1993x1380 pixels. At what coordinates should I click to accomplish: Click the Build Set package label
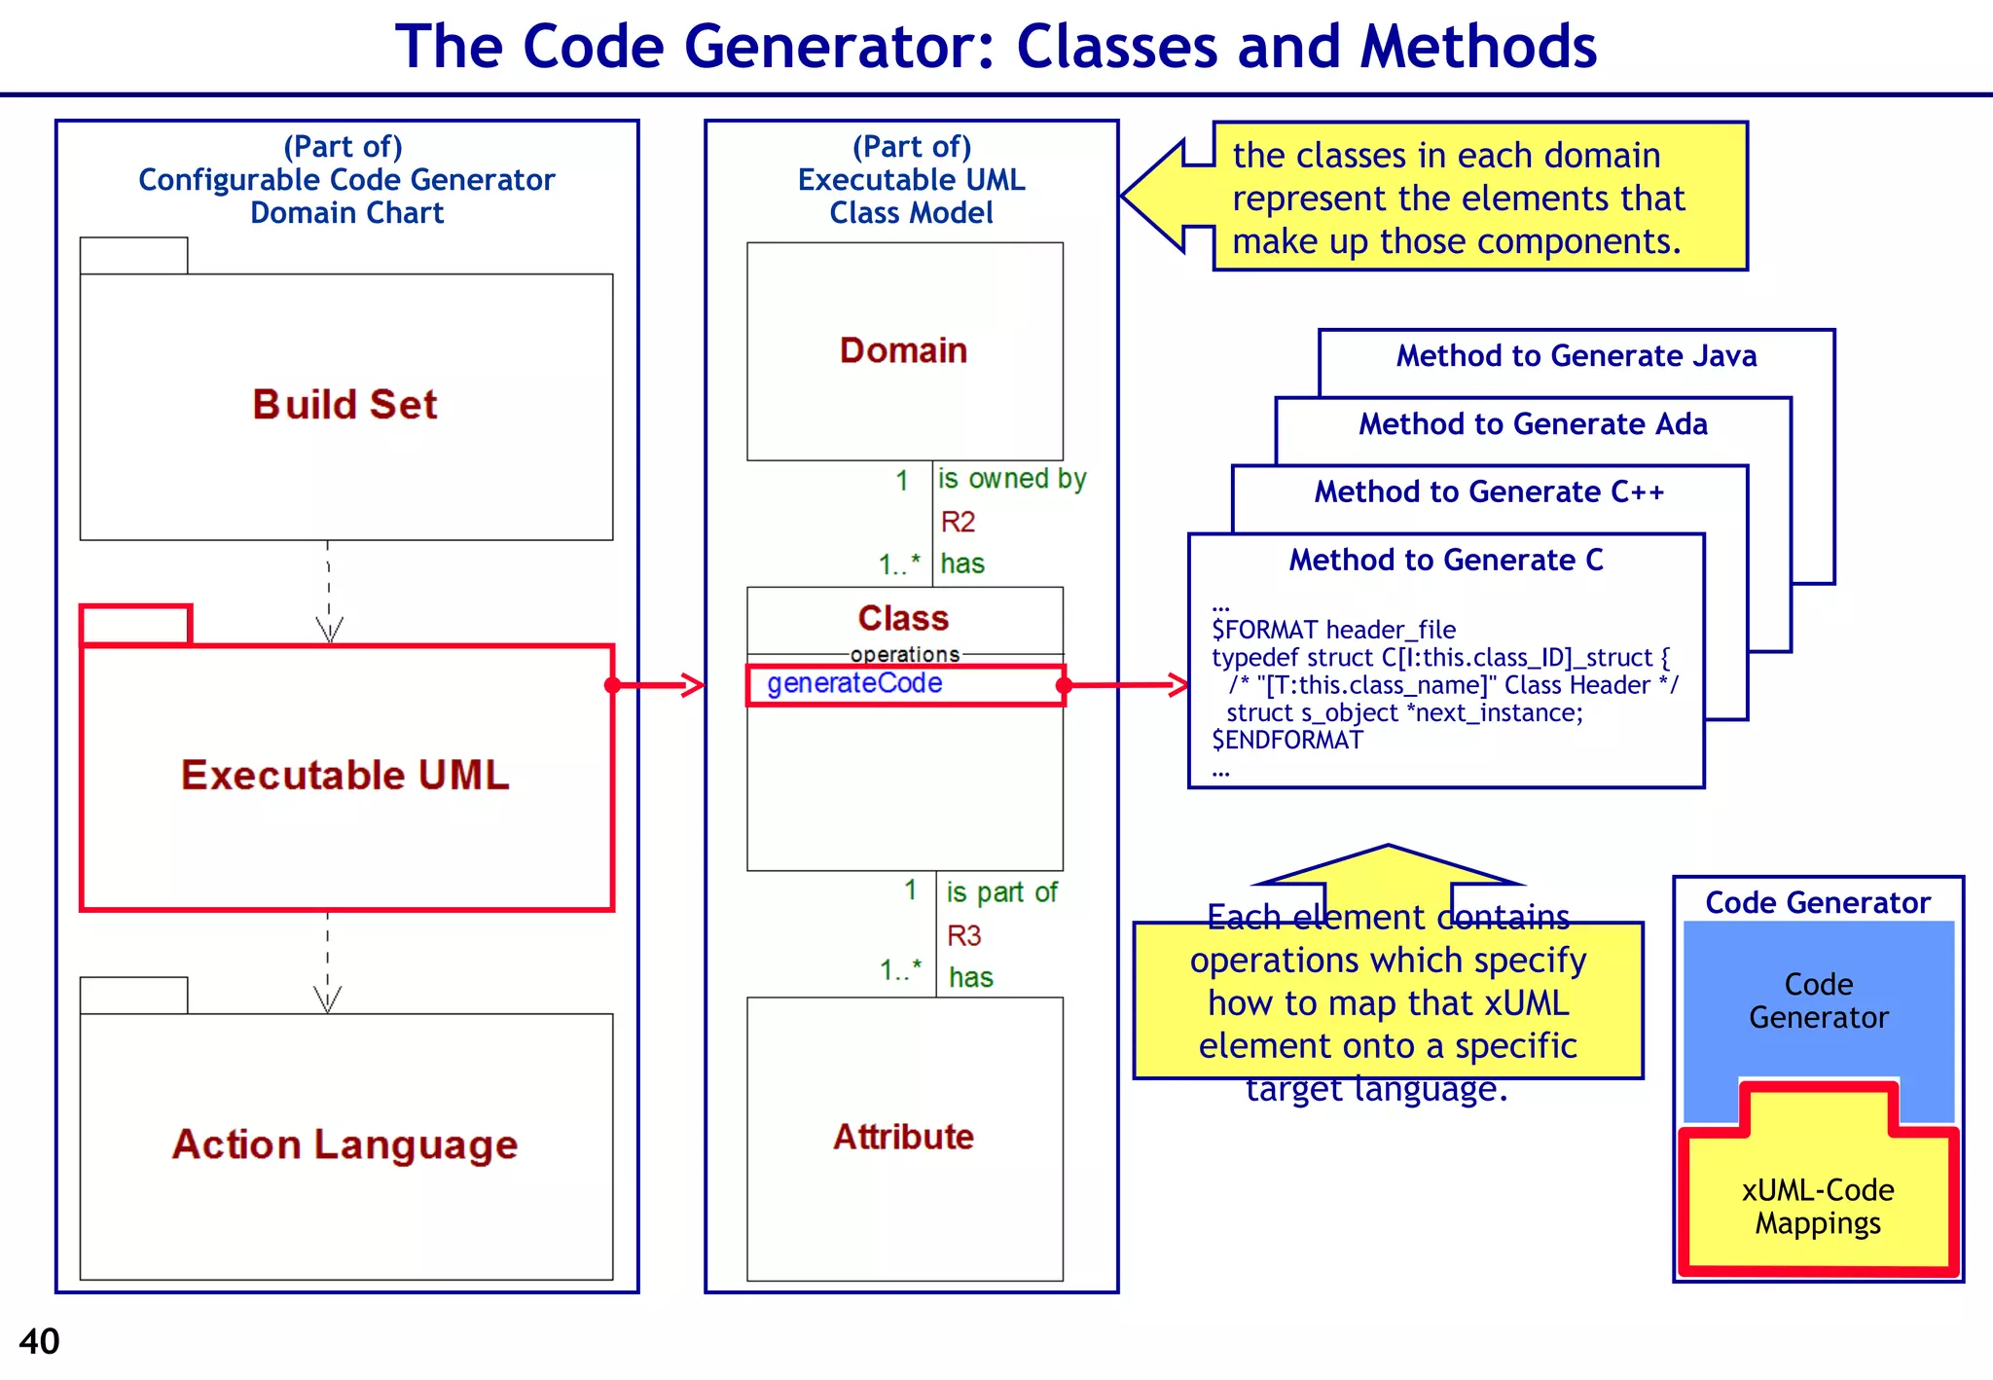pyautogui.click(x=344, y=405)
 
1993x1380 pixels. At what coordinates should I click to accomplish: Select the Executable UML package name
pyautogui.click(x=344, y=776)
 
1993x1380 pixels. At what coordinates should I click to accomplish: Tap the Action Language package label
pyautogui.click(x=344, y=1144)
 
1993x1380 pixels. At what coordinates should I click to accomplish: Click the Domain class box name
pyautogui.click(x=903, y=350)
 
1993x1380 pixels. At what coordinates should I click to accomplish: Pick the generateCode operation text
pyautogui.click(x=854, y=683)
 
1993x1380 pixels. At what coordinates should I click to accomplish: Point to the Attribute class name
pyautogui.click(x=903, y=1137)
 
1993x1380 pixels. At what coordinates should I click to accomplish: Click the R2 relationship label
pyautogui.click(x=958, y=523)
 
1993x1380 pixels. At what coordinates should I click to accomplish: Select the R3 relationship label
pyautogui.click(x=963, y=936)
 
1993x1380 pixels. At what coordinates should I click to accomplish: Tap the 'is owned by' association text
pyautogui.click(x=1011, y=479)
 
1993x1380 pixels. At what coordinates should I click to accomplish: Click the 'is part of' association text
pyautogui.click(x=1001, y=892)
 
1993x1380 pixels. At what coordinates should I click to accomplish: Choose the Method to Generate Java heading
pyautogui.click(x=1576, y=356)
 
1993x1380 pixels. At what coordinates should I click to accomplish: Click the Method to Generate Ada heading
pyautogui.click(x=1533, y=424)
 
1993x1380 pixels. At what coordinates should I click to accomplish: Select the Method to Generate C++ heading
pyautogui.click(x=1489, y=492)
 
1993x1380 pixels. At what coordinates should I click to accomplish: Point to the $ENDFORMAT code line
pyautogui.click(x=1286, y=741)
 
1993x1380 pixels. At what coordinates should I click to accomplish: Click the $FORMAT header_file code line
pyautogui.click(x=1333, y=630)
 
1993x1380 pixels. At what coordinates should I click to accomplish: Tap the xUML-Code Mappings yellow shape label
pyautogui.click(x=1817, y=1207)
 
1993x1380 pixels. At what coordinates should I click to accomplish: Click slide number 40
pyautogui.click(x=39, y=1342)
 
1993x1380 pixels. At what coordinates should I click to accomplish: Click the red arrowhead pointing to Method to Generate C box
pyautogui.click(x=1178, y=685)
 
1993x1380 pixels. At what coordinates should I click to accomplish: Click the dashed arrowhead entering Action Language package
pyautogui.click(x=328, y=1000)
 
